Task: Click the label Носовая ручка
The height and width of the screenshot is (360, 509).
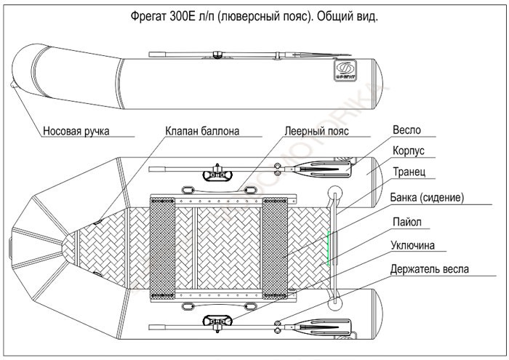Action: pos(76,132)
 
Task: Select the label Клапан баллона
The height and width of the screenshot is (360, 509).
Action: pos(201,132)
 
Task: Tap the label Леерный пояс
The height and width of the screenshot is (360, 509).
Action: pos(317,132)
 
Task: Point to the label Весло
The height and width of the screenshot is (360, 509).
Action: pos(406,131)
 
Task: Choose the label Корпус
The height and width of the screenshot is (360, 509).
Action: pos(409,152)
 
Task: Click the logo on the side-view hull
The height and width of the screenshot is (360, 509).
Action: pos(344,71)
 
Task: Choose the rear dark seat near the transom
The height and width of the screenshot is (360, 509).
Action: pos(276,248)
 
